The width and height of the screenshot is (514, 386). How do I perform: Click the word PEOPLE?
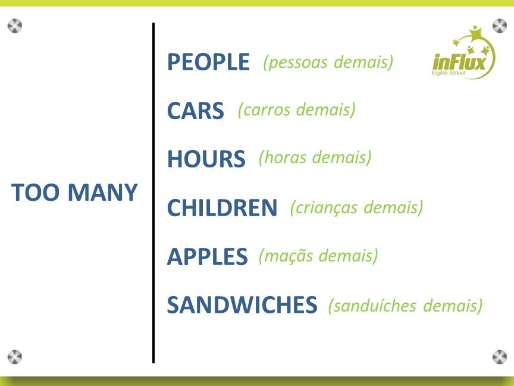pos(208,62)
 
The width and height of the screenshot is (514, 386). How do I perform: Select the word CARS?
pos(196,110)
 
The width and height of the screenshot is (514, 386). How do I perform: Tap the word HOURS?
pos(206,159)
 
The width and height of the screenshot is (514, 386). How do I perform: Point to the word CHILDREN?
pos(222,207)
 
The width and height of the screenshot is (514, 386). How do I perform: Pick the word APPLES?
pos(208,256)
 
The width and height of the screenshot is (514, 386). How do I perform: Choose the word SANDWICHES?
pos(242,305)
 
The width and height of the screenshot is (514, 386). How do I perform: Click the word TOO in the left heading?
pos(36,192)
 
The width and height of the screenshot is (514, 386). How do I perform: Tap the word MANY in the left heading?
pos(102,192)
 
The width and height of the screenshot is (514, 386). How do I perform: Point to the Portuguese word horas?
pos(284,158)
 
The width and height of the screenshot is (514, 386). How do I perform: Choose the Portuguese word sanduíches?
pos(375,306)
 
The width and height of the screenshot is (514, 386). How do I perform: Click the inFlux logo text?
pos(459,61)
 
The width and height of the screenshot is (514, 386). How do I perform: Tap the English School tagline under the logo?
pos(448,73)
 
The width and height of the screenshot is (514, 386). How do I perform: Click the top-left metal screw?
pos(15,26)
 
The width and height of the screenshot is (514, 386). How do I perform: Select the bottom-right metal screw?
pos(500,357)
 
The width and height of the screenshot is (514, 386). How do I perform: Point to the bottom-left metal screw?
pos(15,357)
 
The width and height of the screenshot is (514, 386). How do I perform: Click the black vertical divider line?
pos(153,193)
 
